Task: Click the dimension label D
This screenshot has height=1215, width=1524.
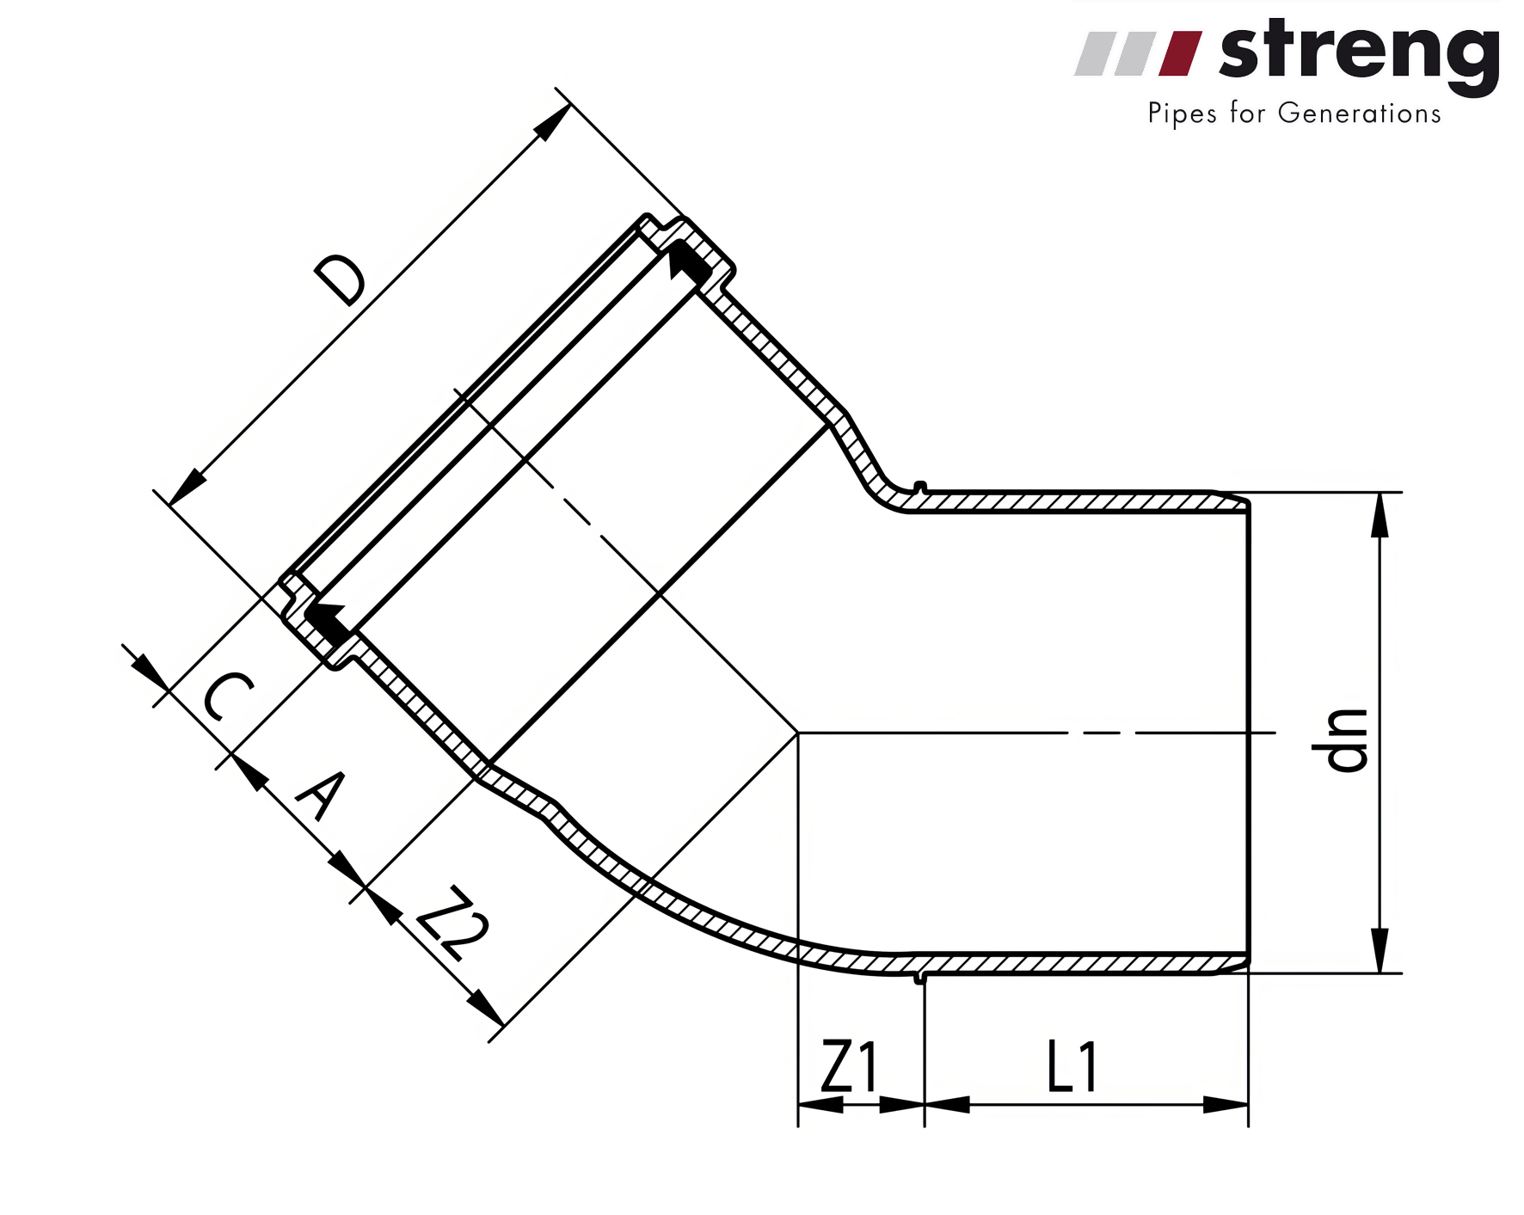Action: [340, 280]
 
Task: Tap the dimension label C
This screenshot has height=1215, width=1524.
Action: [228, 697]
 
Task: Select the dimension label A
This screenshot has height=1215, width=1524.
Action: [321, 795]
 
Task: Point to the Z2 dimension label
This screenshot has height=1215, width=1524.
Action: [452, 924]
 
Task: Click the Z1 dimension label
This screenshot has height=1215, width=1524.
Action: [850, 1066]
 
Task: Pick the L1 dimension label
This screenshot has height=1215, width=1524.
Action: [1072, 1066]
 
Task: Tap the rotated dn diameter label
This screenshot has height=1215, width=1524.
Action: [1339, 739]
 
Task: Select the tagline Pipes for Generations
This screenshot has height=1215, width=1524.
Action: [1294, 114]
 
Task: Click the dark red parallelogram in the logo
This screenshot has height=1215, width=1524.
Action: [1180, 53]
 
